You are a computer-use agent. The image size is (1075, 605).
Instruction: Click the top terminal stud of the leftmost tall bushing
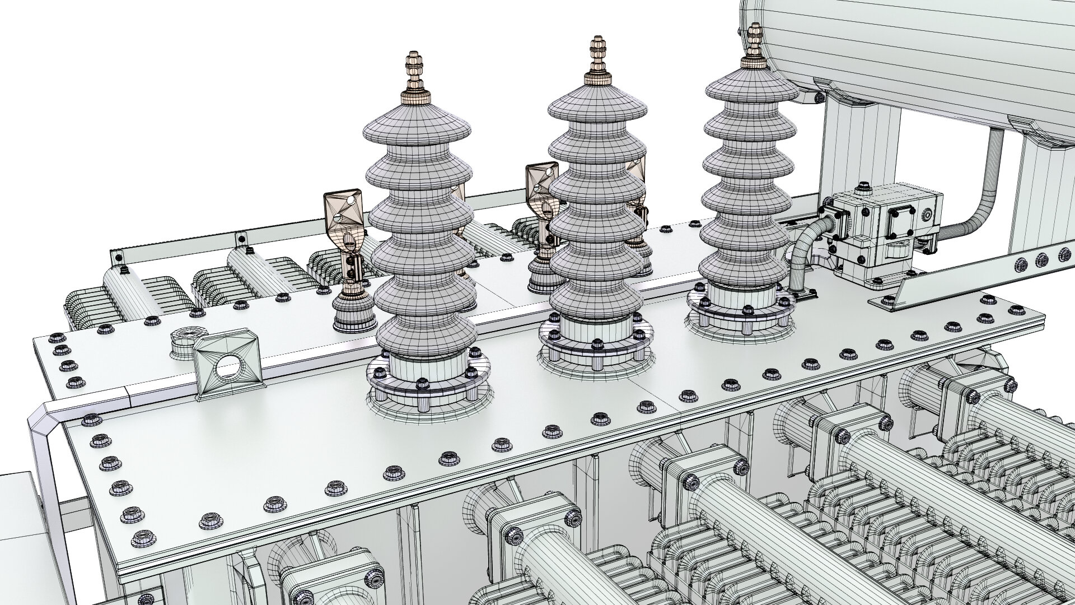[414, 70]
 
